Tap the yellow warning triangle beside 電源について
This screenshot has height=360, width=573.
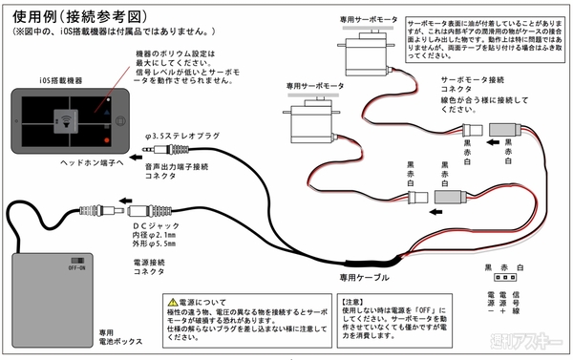tap(172, 301)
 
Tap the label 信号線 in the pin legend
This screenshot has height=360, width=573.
tap(520, 309)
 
